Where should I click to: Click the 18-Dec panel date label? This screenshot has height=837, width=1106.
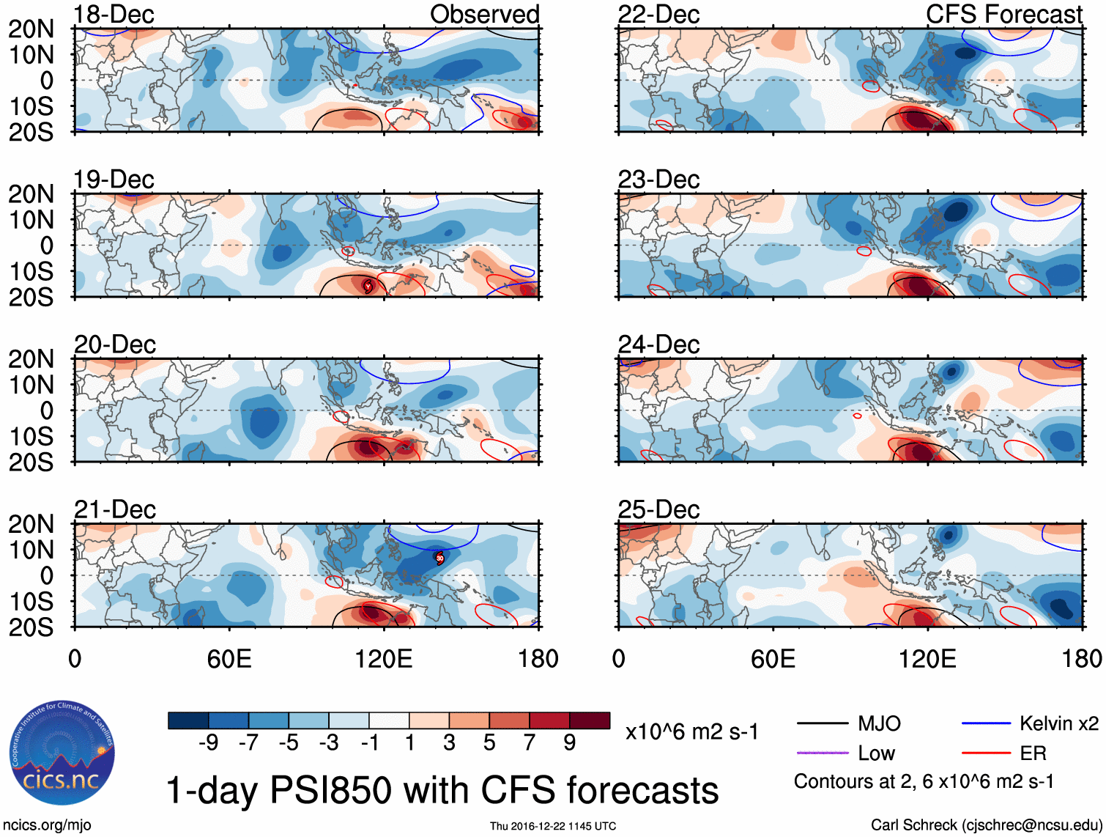click(114, 14)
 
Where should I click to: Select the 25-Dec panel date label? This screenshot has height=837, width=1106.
click(658, 509)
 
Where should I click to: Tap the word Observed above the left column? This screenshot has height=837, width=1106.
click(484, 14)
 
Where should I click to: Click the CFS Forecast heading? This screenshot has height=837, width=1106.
click(1003, 14)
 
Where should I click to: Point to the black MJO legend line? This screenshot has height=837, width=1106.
click(822, 724)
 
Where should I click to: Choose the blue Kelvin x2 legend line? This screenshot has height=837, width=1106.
click(986, 724)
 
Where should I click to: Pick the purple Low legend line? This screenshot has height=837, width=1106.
click(822, 753)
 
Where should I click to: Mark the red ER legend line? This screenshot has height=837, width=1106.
click(986, 753)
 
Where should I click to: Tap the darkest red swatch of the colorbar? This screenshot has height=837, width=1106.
click(590, 720)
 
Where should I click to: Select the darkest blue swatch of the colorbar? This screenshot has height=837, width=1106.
click(188, 720)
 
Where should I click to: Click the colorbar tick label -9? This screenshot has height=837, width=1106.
click(209, 743)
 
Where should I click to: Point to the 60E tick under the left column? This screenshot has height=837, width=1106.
click(229, 659)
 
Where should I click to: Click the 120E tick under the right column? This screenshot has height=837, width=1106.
click(927, 659)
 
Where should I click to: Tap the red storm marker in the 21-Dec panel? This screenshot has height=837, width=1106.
click(439, 558)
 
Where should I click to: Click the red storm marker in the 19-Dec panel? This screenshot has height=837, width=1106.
click(368, 286)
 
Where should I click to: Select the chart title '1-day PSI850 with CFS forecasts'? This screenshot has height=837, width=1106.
click(442, 790)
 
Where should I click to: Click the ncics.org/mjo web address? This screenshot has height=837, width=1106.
click(47, 825)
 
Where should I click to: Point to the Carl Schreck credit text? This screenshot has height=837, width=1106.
click(986, 825)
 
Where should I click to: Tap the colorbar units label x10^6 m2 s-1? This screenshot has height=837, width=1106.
click(691, 731)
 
